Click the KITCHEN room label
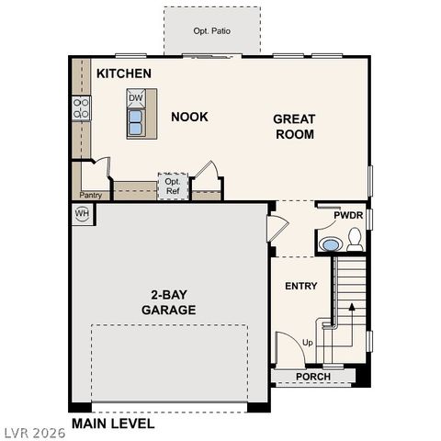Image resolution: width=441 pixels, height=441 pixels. (x=124, y=73)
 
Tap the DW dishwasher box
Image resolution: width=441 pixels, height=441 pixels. (x=136, y=97)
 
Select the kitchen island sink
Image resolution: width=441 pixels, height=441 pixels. (x=136, y=122)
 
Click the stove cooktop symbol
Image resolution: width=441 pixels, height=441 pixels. (x=82, y=108)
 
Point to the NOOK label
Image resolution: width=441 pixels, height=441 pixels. (x=189, y=117)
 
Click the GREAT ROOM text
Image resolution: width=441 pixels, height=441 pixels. (x=294, y=127)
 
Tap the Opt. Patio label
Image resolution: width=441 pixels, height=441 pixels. (x=211, y=31)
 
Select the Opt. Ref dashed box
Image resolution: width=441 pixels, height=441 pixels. (x=172, y=187)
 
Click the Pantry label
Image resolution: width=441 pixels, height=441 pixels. (x=90, y=195)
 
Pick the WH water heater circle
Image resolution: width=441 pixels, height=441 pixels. (x=82, y=213)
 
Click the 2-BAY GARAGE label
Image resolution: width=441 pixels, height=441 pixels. (x=168, y=302)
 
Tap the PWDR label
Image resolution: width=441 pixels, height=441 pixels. (x=348, y=215)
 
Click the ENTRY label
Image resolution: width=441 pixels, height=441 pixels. (x=300, y=286)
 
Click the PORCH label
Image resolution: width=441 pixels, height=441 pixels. (x=312, y=377)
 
